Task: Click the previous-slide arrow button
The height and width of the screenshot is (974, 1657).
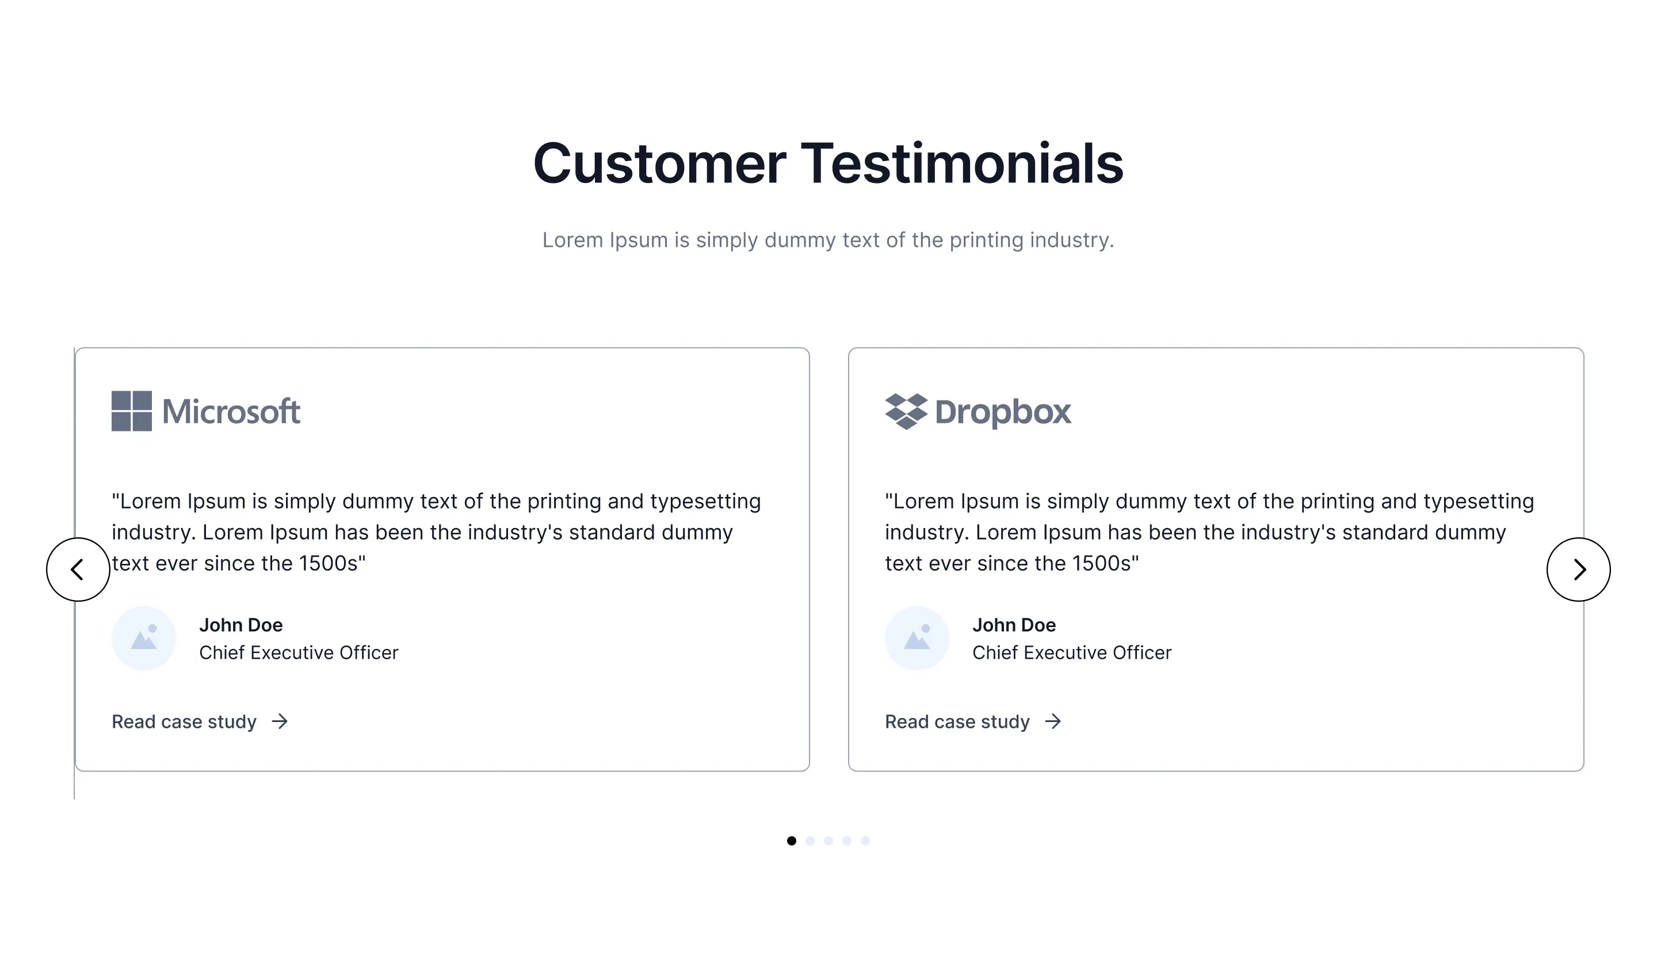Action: coord(78,570)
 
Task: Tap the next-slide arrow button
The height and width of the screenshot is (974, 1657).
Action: coord(1578,570)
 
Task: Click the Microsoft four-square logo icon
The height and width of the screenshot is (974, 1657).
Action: coord(132,411)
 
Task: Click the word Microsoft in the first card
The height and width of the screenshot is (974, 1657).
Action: coord(231,412)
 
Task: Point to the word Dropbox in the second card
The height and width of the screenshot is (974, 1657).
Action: coord(1003,413)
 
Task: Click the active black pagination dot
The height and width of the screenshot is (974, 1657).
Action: coord(792,841)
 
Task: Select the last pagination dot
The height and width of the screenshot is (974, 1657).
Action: coord(865,841)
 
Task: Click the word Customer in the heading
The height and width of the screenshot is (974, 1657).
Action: coord(659,164)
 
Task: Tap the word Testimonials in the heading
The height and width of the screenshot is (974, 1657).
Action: coord(962,163)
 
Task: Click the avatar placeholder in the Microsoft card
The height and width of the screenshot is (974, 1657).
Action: coord(143,638)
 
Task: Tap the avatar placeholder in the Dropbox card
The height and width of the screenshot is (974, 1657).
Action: coord(917,638)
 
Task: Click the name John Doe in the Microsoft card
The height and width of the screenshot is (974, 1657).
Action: coord(240,625)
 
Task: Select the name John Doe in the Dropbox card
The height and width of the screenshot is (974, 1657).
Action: coord(1014,625)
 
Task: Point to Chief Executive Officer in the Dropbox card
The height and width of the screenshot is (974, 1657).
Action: coord(1072,652)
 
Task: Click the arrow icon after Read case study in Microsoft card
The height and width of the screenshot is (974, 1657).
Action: coord(280,721)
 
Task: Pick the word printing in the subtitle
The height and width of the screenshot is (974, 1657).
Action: coord(986,240)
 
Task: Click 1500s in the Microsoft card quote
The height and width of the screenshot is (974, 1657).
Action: coord(328,564)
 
